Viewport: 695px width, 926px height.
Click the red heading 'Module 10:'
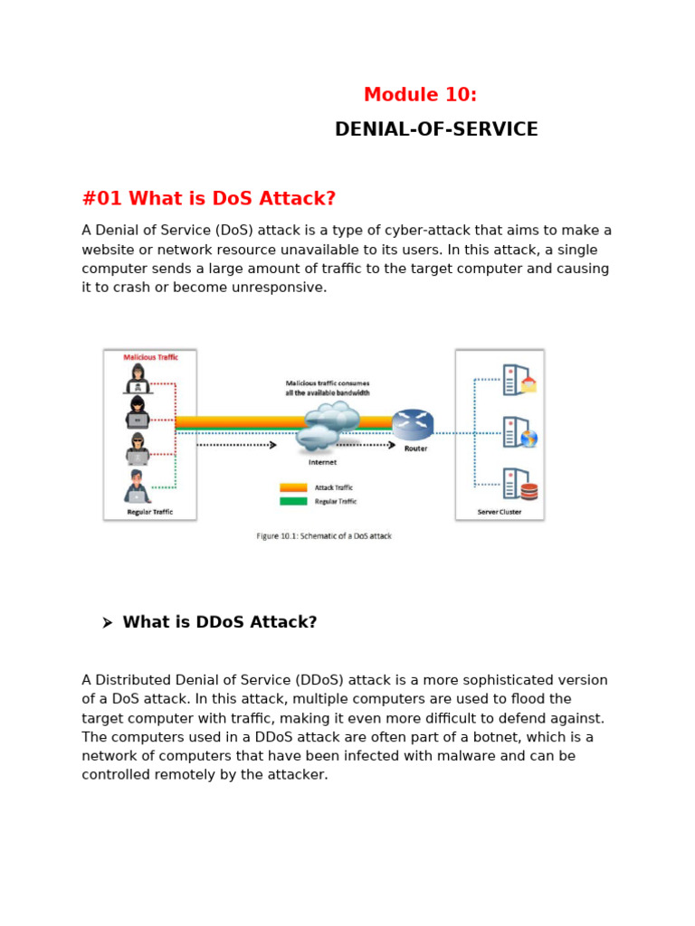pos(420,95)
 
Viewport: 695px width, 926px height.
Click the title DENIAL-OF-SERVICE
pos(436,129)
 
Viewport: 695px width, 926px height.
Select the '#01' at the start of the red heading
pos(102,199)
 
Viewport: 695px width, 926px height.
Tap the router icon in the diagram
pos(413,424)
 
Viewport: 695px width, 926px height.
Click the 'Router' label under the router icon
pos(416,449)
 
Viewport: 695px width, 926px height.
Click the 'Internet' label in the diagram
pos(322,462)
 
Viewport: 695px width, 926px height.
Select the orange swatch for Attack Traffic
pos(293,487)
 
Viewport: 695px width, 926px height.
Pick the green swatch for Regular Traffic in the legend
pos(293,501)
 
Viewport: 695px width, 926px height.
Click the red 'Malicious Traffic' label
pos(151,357)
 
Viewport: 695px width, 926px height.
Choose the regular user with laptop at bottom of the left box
pos(138,487)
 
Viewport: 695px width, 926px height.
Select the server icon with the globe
pos(519,432)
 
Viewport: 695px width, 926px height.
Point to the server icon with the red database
pos(519,485)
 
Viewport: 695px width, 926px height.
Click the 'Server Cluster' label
pos(500,512)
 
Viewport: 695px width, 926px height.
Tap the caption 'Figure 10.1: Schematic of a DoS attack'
pos(324,536)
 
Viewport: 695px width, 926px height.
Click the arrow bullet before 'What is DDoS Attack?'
pos(107,623)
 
